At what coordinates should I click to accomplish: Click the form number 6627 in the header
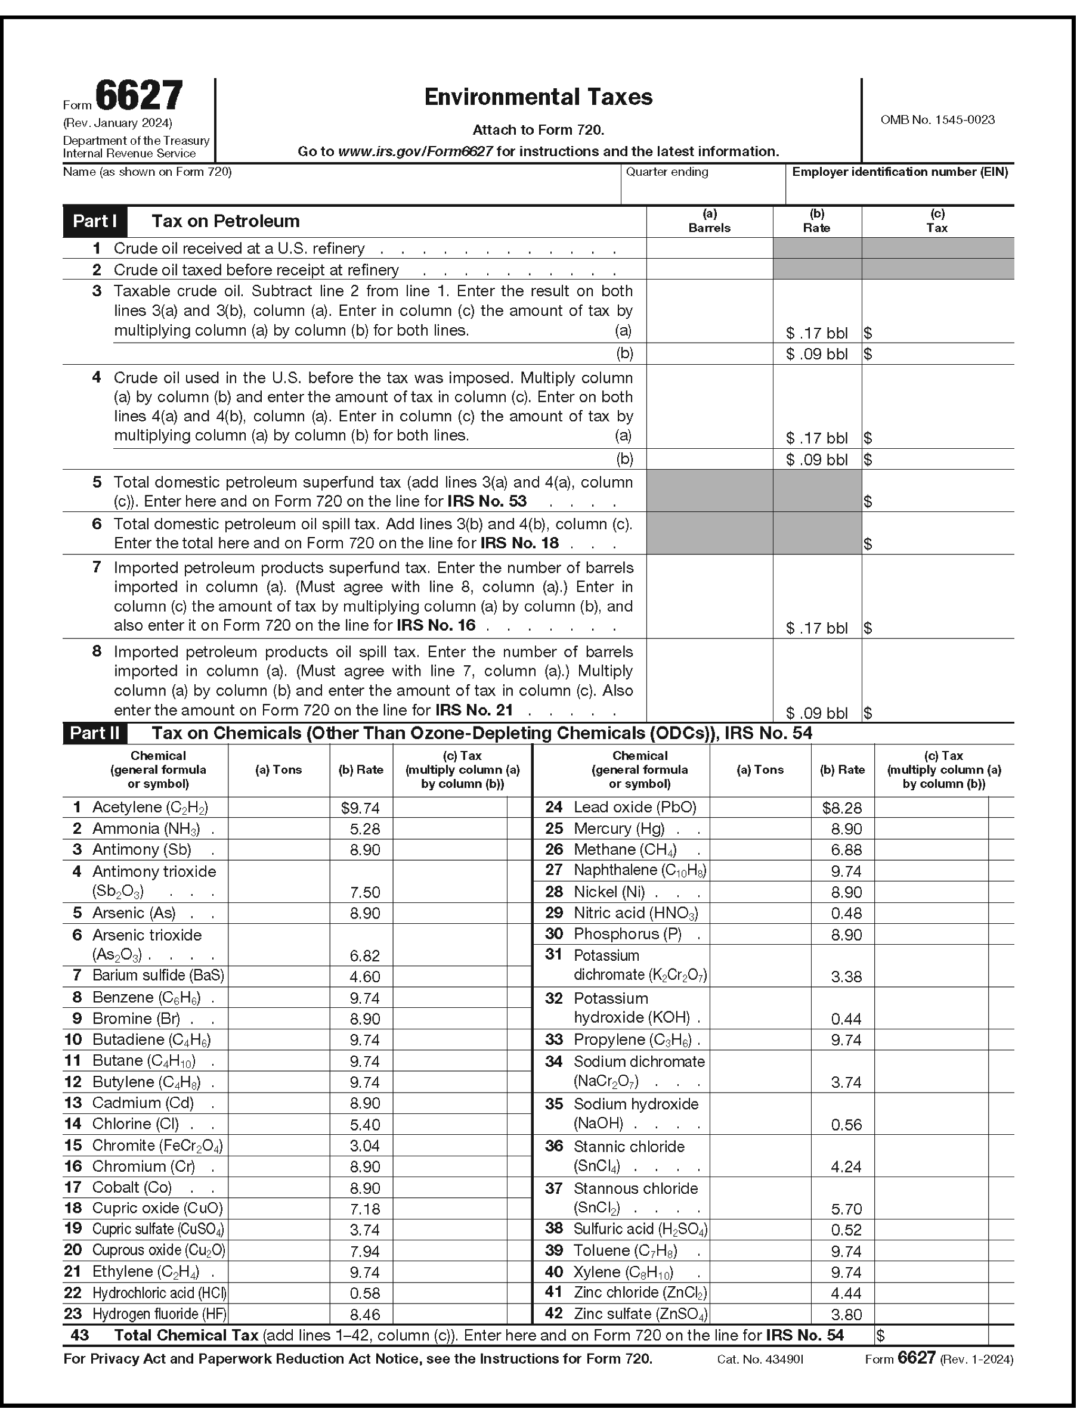(x=139, y=96)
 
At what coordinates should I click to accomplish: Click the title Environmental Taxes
(x=538, y=97)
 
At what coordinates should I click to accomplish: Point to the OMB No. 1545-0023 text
(x=937, y=120)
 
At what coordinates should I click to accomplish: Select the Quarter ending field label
(x=667, y=172)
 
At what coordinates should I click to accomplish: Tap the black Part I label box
(x=95, y=221)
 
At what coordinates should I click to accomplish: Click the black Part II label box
(x=95, y=733)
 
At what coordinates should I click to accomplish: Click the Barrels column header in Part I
(x=709, y=228)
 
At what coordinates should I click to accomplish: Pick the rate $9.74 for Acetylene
(x=360, y=808)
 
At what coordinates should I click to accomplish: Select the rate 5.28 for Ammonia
(x=365, y=829)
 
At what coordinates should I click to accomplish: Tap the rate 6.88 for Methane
(x=846, y=851)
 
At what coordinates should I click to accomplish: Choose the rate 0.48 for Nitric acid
(x=846, y=913)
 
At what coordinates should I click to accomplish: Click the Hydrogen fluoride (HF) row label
(x=159, y=1314)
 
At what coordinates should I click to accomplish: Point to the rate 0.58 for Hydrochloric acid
(x=365, y=1293)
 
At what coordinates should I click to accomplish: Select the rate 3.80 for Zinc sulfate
(x=846, y=1315)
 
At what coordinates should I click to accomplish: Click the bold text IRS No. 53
(x=487, y=501)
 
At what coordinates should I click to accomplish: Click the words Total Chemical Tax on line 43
(x=186, y=1335)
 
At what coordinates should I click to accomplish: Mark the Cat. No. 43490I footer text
(x=760, y=1359)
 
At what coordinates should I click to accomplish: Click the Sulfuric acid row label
(x=640, y=1229)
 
